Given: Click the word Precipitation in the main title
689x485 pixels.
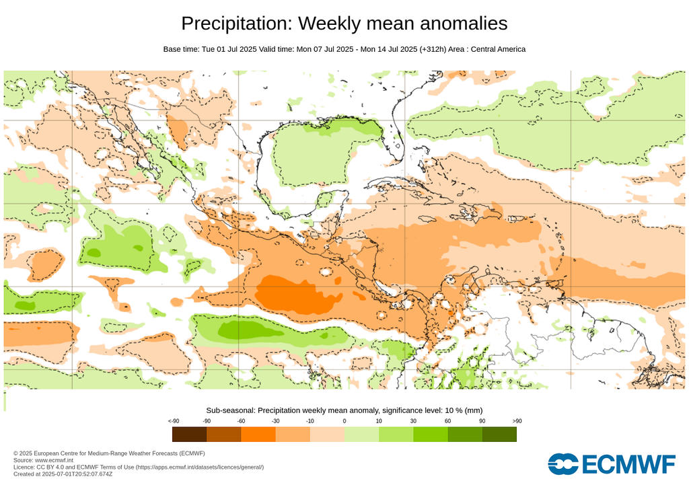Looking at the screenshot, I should pos(236,24).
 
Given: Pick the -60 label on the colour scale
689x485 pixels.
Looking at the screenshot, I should pos(242,420).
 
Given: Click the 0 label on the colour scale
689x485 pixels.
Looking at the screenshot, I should pos(344,420).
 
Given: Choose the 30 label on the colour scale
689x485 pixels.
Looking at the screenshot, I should pos(413,420).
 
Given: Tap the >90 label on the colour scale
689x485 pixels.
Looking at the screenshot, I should pos(516,420).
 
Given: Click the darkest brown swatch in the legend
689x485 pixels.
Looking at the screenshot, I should pos(189,434).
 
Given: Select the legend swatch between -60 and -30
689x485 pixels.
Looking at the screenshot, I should pos(258,434).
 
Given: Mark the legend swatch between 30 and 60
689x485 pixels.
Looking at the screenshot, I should pos(431,434).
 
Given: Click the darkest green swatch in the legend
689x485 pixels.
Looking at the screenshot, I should pos(499,434).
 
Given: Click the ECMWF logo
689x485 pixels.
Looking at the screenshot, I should pos(611,464).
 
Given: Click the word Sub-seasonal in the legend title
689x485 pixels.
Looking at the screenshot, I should pos(229,410).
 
